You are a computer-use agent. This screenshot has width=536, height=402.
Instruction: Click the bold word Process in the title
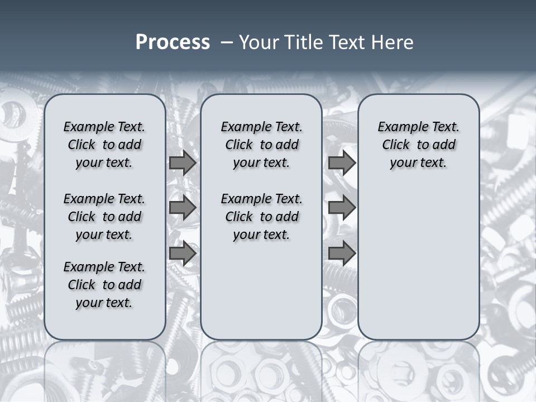pyautogui.click(x=173, y=42)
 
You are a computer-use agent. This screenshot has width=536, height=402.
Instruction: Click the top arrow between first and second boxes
pyautogui.click(x=182, y=162)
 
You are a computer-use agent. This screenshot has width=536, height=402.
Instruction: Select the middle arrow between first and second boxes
pyautogui.click(x=182, y=208)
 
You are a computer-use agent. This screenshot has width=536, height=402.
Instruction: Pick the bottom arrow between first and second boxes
pyautogui.click(x=182, y=253)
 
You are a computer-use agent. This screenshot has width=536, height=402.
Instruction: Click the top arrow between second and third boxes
pyautogui.click(x=342, y=162)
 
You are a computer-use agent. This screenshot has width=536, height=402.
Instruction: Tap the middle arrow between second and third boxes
pyautogui.click(x=342, y=208)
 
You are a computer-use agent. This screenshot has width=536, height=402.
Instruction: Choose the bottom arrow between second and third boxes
pyautogui.click(x=342, y=253)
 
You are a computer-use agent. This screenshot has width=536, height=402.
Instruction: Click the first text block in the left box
pyautogui.click(x=104, y=145)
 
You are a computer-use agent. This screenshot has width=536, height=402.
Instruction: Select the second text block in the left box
pyautogui.click(x=104, y=217)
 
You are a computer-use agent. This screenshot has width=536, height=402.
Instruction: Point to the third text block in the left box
pyautogui.click(x=104, y=285)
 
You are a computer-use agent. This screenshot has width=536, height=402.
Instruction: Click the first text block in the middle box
pyautogui.click(x=261, y=145)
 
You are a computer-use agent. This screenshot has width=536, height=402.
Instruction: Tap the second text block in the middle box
pyautogui.click(x=261, y=217)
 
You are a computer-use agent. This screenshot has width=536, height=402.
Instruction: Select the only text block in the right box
pyautogui.click(x=418, y=145)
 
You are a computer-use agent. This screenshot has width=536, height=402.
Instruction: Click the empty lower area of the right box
pyautogui.click(x=418, y=262)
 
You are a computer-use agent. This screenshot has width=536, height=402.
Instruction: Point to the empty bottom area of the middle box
pyautogui.click(x=261, y=296)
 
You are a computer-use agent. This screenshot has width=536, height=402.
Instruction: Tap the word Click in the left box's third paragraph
pyautogui.click(x=82, y=285)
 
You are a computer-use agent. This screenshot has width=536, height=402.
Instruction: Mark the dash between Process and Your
pyautogui.click(x=227, y=42)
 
